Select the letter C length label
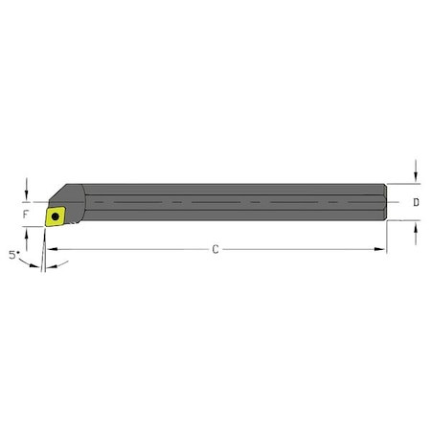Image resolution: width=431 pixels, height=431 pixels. (215, 249)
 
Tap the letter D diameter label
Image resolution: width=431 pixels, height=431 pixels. (415, 202)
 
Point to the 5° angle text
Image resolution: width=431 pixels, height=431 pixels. (11, 256)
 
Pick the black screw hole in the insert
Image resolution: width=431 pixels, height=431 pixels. (57, 217)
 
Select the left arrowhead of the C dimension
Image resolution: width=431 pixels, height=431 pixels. (50, 249)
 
